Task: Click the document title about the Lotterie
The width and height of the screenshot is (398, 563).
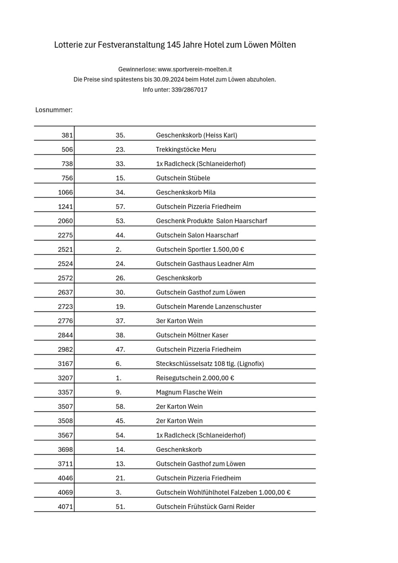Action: pyautogui.click(x=175, y=45)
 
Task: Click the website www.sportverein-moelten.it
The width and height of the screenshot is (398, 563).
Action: pyautogui.click(x=195, y=69)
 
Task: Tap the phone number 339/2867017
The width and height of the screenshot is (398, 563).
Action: pyautogui.click(x=189, y=90)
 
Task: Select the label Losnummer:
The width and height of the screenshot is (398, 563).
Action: pyautogui.click(x=54, y=110)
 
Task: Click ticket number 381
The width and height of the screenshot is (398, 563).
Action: pyautogui.click(x=67, y=135)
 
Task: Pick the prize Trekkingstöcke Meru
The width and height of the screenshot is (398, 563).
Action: pyautogui.click(x=186, y=149)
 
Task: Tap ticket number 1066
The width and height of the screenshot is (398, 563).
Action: pyautogui.click(x=65, y=193)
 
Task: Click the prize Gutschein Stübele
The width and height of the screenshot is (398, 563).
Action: pyautogui.click(x=183, y=178)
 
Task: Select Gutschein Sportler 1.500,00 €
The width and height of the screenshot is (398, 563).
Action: pyautogui.click(x=200, y=249)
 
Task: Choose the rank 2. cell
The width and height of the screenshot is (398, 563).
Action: pyautogui.click(x=119, y=249)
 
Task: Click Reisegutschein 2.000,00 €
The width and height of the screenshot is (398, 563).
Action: pyautogui.click(x=195, y=378)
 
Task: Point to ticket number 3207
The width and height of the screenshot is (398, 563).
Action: pyautogui.click(x=65, y=378)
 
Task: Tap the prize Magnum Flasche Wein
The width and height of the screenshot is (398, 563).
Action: pyautogui.click(x=189, y=392)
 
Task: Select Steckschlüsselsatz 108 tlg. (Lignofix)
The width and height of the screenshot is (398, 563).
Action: pyautogui.click(x=210, y=364)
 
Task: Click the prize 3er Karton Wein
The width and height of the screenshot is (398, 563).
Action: pyautogui.click(x=179, y=321)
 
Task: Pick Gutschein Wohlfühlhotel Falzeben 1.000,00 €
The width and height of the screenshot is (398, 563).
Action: pyautogui.click(x=223, y=493)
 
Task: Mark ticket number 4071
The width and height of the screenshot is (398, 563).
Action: pyautogui.click(x=65, y=507)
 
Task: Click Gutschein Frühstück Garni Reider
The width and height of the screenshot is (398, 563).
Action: pyautogui.click(x=205, y=507)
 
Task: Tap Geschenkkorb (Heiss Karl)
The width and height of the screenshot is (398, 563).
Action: pyautogui.click(x=196, y=135)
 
